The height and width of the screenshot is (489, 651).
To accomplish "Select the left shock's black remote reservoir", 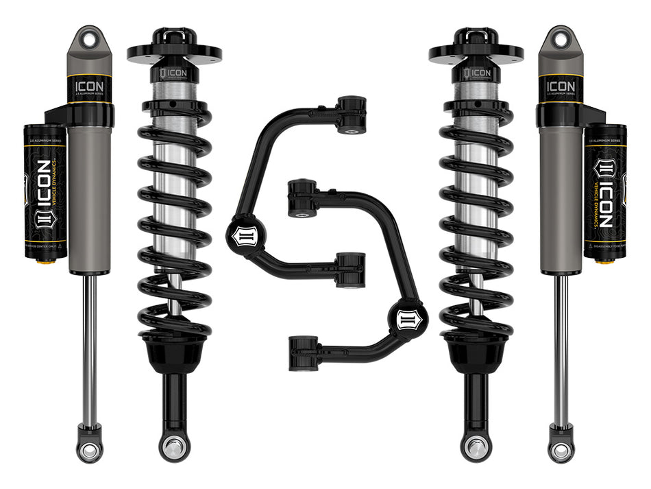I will click(45, 192).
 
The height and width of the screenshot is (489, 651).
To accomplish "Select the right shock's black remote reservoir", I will click(605, 192).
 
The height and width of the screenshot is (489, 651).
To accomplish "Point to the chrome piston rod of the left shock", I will click(90, 343).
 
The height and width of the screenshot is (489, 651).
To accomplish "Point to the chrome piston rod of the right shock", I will click(561, 343).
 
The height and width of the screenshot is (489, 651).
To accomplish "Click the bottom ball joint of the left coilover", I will click(174, 446).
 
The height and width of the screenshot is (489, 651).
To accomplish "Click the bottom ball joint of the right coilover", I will click(476, 446).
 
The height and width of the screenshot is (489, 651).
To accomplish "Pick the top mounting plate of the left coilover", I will click(174, 52).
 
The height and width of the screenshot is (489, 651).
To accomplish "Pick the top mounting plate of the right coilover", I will click(476, 52).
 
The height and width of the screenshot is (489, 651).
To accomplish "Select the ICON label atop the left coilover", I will click(172, 73).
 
